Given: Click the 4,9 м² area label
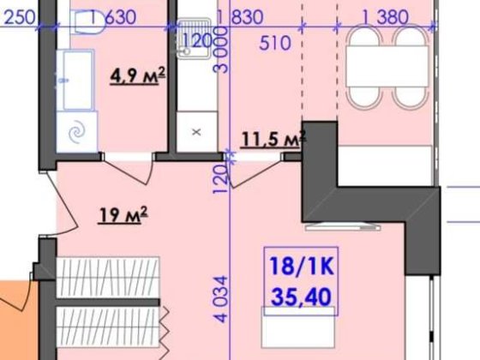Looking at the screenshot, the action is point(138,75).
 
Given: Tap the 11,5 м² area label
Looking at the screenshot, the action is point(273,139).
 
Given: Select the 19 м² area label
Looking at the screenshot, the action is point(123,214).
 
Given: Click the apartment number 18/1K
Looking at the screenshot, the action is point(301,267).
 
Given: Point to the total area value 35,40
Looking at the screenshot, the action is point(301,297).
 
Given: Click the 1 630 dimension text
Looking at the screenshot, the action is point(113,17).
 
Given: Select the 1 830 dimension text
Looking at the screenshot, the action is point(240,17).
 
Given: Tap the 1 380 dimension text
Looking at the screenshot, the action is point(385,17).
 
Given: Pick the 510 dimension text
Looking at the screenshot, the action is point(275,43).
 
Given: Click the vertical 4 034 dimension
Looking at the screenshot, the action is point(221,299).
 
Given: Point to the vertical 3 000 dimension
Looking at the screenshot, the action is point(221,50).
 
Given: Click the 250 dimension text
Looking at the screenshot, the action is point(19,17).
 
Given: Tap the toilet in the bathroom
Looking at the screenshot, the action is point(87,21).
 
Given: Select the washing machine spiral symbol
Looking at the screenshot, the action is point(77,132).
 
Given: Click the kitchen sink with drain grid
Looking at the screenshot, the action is point(194,39).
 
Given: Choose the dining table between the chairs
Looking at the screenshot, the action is point(387,66).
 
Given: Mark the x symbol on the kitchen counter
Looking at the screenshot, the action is point(197,132).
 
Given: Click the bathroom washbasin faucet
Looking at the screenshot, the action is point(63,81).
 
